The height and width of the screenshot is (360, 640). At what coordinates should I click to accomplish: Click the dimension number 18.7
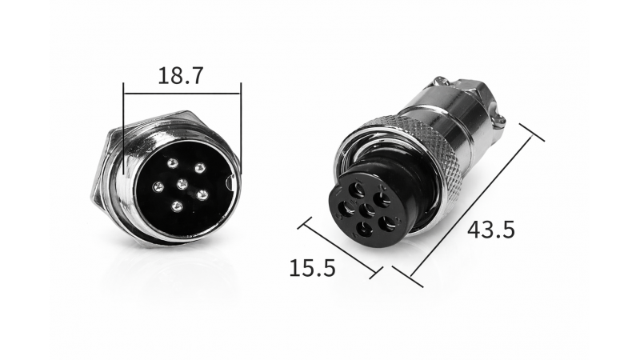click(180, 75)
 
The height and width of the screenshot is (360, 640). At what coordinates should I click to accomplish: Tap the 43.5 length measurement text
click(491, 230)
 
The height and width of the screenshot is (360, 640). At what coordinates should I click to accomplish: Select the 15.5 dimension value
click(312, 268)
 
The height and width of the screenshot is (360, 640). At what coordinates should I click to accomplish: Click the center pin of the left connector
click(182, 185)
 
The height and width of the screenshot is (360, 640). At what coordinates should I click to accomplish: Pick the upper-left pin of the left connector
click(173, 164)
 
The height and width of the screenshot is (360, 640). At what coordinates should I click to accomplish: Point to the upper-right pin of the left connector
click(199, 168)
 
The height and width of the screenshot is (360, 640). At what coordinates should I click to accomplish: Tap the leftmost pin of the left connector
click(158, 187)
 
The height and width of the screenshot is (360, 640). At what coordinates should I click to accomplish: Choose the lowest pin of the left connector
click(176, 206)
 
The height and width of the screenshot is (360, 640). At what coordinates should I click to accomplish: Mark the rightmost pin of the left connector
click(202, 195)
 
